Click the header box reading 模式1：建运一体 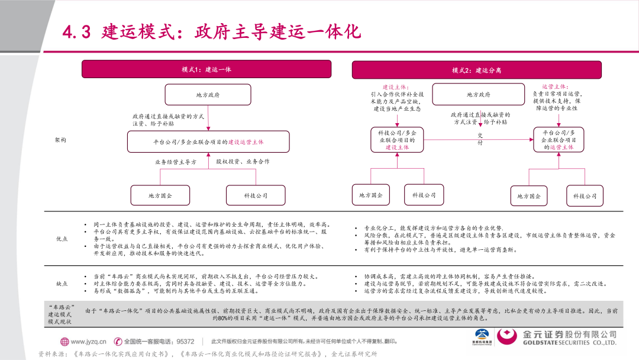(x=214, y=69)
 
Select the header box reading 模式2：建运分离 (x=476, y=70)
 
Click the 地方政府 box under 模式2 (x=478, y=94)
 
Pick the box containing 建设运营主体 (x=208, y=142)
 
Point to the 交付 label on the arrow (x=480, y=139)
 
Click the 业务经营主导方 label (x=176, y=161)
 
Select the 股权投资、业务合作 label (x=243, y=161)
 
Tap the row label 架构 (x=60, y=140)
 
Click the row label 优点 (x=62, y=239)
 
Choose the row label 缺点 (x=62, y=284)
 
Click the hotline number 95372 (x=185, y=341)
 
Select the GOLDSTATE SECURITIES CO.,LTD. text (x=570, y=343)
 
